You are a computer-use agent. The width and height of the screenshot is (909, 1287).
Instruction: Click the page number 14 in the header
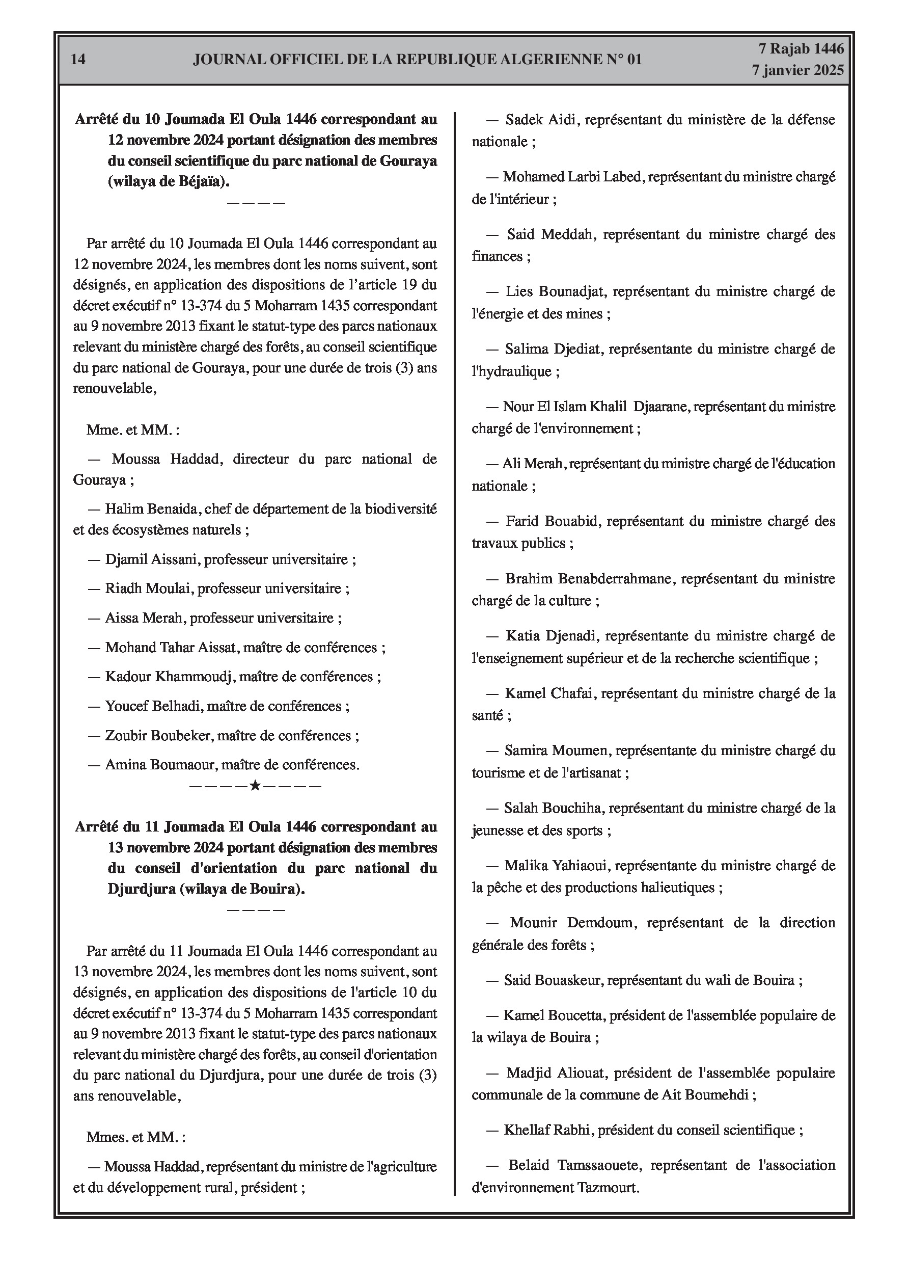coord(78,60)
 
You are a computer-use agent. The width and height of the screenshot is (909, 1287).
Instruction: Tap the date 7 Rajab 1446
coord(801,49)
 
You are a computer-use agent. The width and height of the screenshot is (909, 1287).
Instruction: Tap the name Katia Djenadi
coord(552,636)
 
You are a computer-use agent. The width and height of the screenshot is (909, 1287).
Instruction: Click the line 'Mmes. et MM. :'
coord(135,1137)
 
